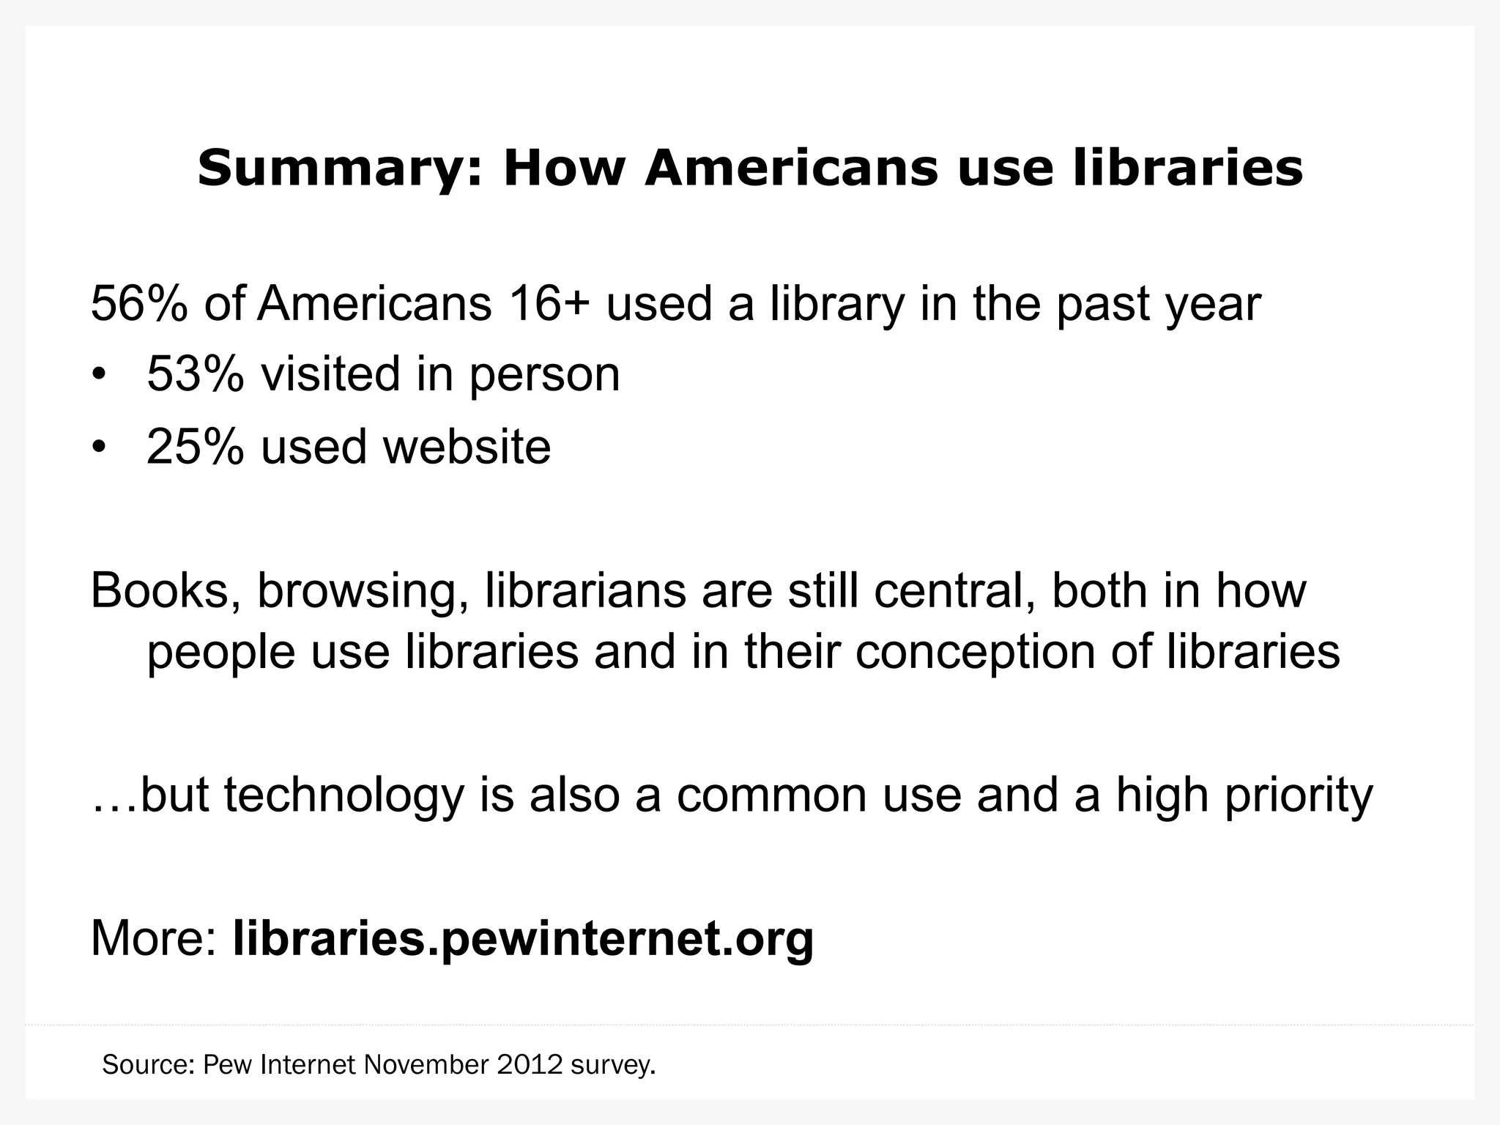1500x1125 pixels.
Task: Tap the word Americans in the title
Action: (791, 168)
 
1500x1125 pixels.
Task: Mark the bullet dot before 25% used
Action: (99, 448)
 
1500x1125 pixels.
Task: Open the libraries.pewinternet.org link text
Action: (523, 938)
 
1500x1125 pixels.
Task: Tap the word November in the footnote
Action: (426, 1064)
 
